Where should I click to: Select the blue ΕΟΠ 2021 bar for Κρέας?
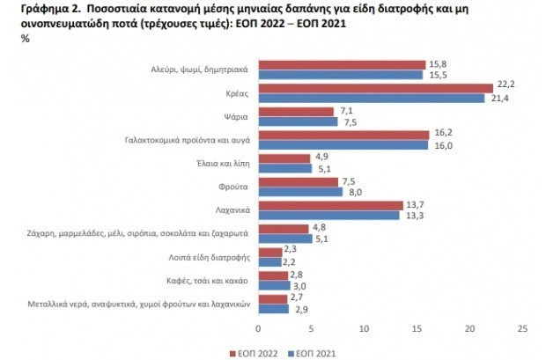click(x=370, y=96)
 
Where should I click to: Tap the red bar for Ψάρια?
click(x=295, y=112)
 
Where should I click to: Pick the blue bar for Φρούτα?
click(x=299, y=192)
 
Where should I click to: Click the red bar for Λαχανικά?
click(x=329, y=206)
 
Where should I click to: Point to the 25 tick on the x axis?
click(x=523, y=327)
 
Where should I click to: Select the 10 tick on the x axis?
click(x=364, y=327)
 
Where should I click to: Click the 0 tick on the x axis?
click(x=258, y=327)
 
